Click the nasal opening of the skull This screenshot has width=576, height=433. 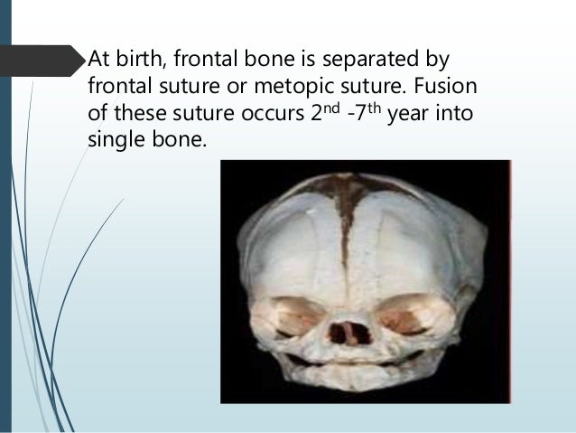(x=348, y=329)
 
